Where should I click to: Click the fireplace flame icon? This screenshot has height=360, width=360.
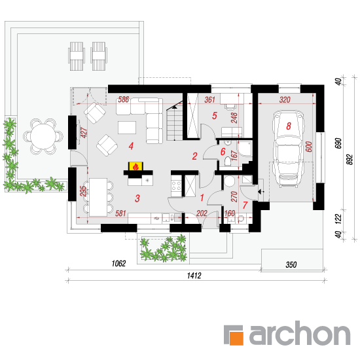coord(135,166)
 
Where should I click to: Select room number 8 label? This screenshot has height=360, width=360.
coord(289,126)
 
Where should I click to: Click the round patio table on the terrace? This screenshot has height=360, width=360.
coord(43,136)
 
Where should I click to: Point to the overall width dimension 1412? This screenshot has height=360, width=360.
coord(194,276)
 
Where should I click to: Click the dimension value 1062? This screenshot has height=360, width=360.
coord(118,263)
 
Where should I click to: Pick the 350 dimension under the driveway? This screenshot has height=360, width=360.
coord(291,264)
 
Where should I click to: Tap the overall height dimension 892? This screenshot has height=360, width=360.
coord(350,159)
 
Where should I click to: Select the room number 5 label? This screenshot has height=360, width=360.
coord(215,116)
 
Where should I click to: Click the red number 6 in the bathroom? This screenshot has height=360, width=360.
coord(223,152)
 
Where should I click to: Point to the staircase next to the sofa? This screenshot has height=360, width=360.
coord(175,124)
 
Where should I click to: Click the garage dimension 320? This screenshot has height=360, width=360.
coord(285,99)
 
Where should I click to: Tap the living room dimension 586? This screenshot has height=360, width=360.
coord(124,99)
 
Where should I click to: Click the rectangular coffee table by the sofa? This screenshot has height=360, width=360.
coord(127,128)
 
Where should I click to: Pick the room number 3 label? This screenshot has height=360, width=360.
coord(137,198)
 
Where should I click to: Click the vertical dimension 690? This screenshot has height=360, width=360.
coord(338,143)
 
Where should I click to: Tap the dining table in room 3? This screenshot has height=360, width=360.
coord(98,197)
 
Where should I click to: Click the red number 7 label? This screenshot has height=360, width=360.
coord(245,205)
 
